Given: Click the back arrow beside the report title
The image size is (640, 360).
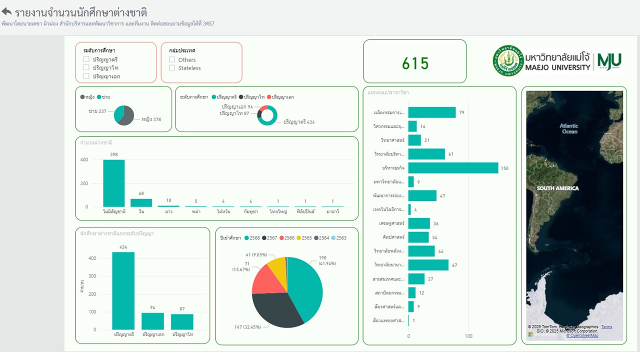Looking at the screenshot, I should pos(7,11).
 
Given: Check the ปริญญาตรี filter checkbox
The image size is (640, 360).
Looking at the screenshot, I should pos(86,59).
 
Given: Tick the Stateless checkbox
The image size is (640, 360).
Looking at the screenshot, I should pos(172,68).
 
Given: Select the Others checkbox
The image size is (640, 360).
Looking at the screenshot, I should pos(172,59).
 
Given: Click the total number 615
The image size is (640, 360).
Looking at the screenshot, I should pos(415,63).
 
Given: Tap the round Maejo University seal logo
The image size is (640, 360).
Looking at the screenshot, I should pos(508,60).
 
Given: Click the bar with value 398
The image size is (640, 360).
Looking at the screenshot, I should pos(114,183).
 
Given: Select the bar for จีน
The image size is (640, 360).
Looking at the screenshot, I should pos(141,202).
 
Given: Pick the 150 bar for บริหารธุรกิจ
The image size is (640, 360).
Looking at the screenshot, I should pos(453,168).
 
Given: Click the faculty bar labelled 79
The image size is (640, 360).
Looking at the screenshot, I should pos(432,112).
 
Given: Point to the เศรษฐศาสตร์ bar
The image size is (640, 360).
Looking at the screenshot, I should pos(419,223).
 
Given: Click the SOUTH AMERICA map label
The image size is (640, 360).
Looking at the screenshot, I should pos(557,188).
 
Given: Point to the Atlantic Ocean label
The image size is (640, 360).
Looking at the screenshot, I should pos(569,129).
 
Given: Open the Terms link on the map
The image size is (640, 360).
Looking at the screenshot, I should pos(606,327).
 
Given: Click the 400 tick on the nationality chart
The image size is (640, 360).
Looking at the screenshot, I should pos(83,160).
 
